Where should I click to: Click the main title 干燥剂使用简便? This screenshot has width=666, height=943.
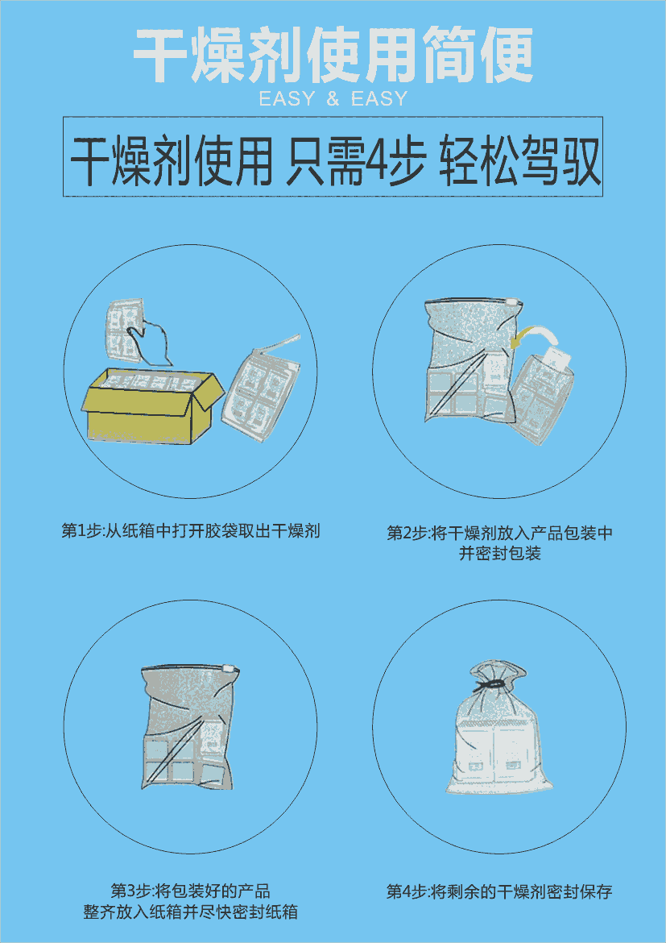click(333, 56)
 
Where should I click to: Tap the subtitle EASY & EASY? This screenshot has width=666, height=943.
click(333, 98)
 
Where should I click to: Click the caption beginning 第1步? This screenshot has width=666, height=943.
click(191, 531)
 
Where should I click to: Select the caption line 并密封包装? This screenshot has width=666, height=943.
click(500, 553)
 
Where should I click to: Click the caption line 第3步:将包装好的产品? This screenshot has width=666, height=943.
click(191, 890)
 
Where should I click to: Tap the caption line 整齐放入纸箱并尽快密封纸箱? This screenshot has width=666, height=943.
click(191, 911)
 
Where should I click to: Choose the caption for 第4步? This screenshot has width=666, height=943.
click(499, 891)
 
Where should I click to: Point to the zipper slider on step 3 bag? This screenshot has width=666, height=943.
click(229, 667)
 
